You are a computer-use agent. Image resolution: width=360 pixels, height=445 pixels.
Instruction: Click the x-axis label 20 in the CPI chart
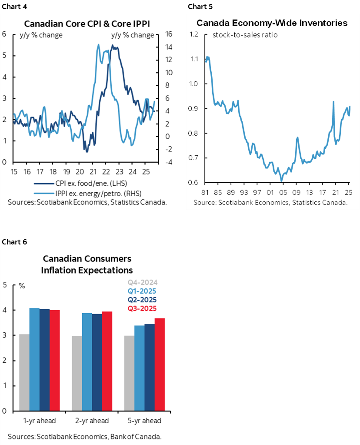80,171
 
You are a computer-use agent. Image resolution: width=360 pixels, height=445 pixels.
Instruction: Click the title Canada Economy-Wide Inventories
272,23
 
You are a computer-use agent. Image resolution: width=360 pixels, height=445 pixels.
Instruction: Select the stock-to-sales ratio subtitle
245,35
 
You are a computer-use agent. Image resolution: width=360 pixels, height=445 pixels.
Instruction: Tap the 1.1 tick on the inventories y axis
194,59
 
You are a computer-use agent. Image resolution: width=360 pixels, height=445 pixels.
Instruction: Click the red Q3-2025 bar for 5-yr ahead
159,364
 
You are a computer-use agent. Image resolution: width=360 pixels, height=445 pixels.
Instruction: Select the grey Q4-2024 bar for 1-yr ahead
24,372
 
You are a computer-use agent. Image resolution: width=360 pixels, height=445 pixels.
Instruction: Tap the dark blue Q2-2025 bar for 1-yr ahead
44,359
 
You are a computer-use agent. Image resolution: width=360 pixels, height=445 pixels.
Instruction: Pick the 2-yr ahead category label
91,421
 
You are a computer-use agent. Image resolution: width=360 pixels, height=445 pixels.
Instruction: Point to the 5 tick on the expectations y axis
5,285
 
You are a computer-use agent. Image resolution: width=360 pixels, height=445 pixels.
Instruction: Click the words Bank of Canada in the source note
139,436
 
